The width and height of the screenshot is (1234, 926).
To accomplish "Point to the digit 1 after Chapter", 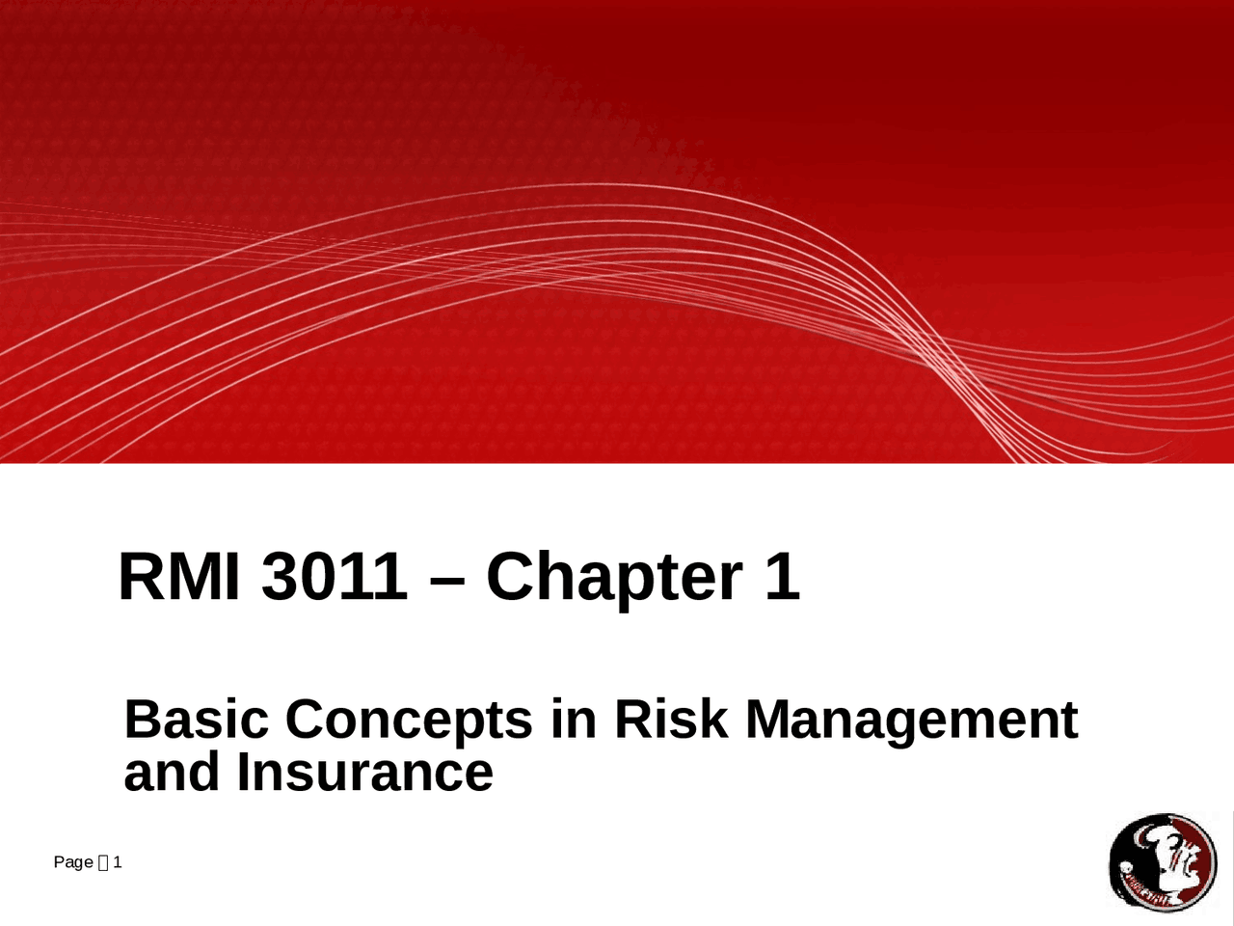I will tap(782, 577).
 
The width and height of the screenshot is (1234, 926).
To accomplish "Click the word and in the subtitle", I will tap(174, 773).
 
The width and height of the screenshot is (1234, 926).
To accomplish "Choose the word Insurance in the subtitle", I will tap(365, 773).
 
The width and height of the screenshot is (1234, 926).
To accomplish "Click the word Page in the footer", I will tap(73, 862).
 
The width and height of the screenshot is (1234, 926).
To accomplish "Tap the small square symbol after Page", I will tap(103, 862).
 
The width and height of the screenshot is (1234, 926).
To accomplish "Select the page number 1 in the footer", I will tap(117, 862).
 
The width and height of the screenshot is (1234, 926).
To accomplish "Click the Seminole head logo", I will tap(1163, 862).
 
